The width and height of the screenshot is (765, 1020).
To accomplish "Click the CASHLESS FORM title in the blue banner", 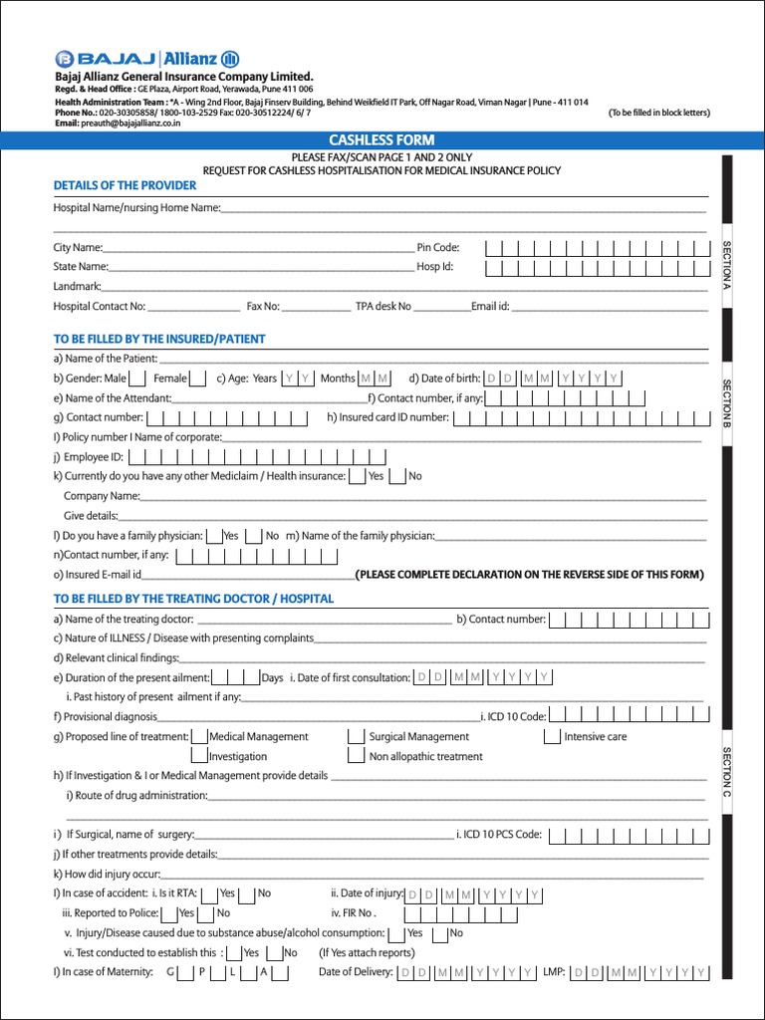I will pos(382,140).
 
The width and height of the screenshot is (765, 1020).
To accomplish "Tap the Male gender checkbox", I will pos(138,379).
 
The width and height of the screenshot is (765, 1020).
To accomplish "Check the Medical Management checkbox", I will pos(199,737).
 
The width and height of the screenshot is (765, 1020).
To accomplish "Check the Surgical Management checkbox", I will pos(357,737).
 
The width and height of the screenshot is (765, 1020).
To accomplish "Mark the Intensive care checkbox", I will pos(553,737).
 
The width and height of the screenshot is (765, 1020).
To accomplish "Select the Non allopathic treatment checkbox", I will pos(357,757).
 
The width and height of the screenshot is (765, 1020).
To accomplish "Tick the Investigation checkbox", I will pos(199,757).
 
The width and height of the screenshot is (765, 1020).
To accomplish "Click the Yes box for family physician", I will pos(214,536).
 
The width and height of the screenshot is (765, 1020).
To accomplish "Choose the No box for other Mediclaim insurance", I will pos(397,476).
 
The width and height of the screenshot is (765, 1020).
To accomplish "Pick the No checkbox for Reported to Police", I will pos(206,913).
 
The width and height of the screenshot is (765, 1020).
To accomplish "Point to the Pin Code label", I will pos(438,247).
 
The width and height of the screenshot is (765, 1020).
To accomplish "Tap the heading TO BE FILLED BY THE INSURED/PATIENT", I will pos(159,339).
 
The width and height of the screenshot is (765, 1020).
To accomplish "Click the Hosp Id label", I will pos(435,267).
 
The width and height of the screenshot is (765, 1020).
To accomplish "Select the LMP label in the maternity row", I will pos(555,972).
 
